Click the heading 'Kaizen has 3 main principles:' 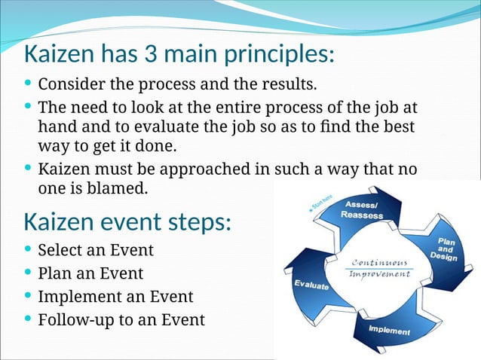179,55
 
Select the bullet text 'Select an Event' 96,250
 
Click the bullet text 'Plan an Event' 90,273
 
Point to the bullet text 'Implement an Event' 115,297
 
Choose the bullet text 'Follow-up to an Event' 121,320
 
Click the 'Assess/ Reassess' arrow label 363,210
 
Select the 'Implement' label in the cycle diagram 389,331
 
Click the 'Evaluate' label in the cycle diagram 311,285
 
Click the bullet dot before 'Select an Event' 29,249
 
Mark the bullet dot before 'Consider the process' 29,82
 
